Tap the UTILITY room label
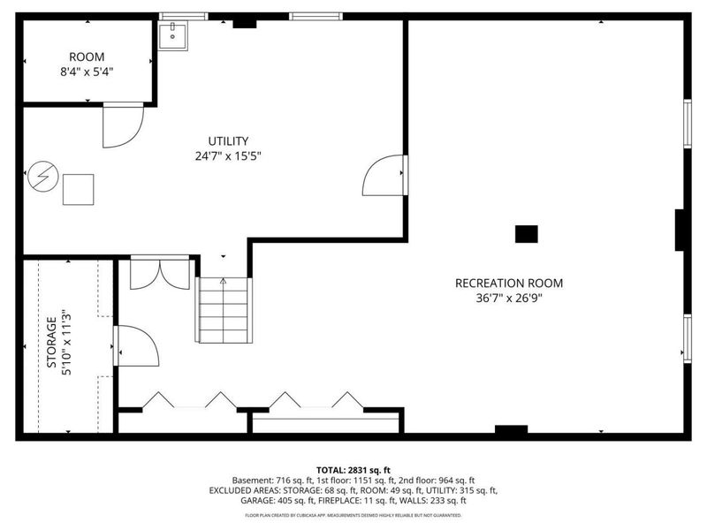point(228,141)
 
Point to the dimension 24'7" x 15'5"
point(228,156)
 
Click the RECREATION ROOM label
point(508,284)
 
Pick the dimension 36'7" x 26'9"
point(508,299)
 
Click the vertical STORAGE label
point(51,343)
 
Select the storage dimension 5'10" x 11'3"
point(66,343)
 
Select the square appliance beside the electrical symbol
point(78,189)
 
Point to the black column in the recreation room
point(526,233)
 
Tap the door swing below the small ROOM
point(122,126)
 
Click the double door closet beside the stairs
point(160,273)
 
